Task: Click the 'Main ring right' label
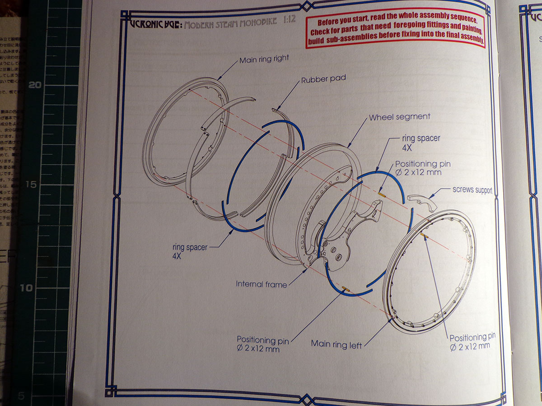264,59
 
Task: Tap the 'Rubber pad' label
323,79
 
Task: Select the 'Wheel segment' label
400,117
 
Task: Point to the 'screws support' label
472,190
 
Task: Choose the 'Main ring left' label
336,344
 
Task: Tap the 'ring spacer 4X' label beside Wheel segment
421,142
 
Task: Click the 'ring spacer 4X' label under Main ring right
189,252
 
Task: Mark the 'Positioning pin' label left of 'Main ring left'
262,344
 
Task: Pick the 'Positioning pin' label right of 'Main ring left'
472,341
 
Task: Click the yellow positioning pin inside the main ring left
425,235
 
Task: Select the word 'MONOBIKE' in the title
255,22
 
